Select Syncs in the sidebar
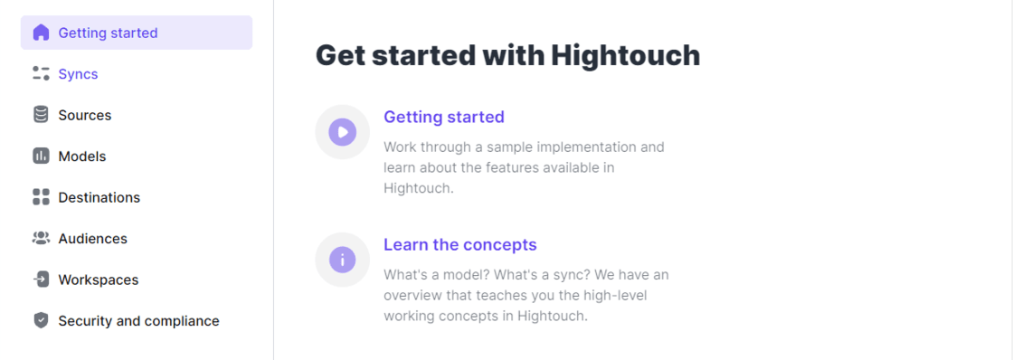78,73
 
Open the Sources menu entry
85,115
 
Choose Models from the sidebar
82,156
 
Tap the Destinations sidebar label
99,197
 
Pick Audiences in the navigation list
92,239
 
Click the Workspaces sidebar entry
99,279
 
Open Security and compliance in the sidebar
139,320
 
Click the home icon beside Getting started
41,33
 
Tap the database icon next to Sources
41,115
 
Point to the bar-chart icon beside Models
41,156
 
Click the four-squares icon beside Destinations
41,197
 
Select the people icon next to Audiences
41,238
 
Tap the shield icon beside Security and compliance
41,320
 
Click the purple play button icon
343,132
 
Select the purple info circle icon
343,260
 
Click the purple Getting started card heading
444,117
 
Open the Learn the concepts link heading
460,245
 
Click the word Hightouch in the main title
625,55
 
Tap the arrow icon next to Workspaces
41,279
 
